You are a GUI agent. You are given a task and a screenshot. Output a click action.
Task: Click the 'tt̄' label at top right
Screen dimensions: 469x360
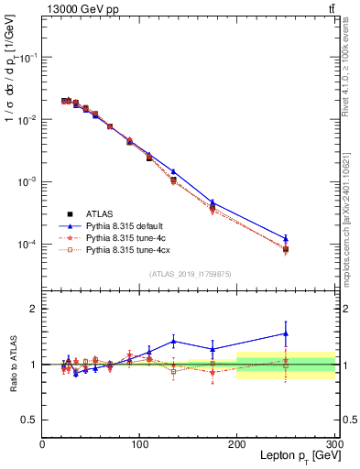click(x=329, y=8)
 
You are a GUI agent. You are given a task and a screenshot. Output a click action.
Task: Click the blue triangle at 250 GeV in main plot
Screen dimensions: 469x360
click(x=286, y=238)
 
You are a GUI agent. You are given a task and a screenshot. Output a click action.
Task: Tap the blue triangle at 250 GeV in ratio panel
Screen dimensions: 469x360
click(x=286, y=333)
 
